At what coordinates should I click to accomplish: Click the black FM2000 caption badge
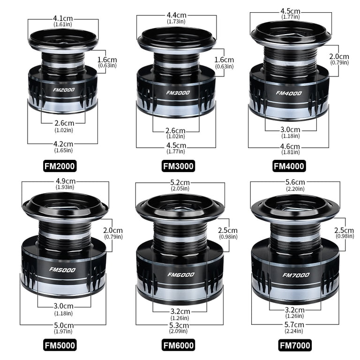(x=60, y=166)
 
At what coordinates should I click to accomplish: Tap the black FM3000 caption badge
(x=179, y=166)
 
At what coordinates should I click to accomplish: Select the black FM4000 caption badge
(x=289, y=166)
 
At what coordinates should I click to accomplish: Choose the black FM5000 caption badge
(x=60, y=345)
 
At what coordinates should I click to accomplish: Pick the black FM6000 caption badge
(x=179, y=345)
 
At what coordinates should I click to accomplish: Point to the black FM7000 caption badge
(x=295, y=345)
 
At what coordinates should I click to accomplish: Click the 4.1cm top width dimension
(x=63, y=18)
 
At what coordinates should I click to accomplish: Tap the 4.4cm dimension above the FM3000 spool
(x=177, y=15)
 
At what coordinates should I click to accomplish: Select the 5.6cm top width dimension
(x=295, y=182)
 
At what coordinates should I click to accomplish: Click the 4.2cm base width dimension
(x=63, y=144)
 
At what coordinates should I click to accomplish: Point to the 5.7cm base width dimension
(x=294, y=325)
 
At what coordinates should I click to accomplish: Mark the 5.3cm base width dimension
(x=179, y=325)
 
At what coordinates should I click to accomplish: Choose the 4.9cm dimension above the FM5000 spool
(x=66, y=181)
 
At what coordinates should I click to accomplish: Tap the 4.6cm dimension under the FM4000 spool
(x=290, y=146)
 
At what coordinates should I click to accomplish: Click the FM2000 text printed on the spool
(x=64, y=90)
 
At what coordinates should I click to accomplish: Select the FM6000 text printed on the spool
(x=181, y=275)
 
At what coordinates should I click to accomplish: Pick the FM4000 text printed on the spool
(x=289, y=93)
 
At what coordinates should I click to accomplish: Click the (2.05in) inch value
(x=180, y=188)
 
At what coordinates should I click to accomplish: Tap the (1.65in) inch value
(x=63, y=150)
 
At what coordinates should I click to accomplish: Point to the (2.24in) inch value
(x=294, y=331)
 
